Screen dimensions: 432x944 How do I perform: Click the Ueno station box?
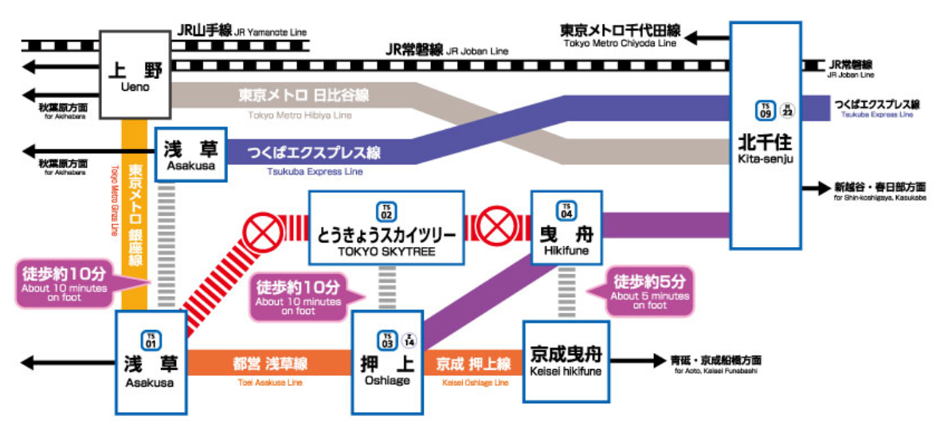pyautogui.click(x=135, y=75)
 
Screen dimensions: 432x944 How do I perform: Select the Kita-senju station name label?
pyautogui.click(x=765, y=150)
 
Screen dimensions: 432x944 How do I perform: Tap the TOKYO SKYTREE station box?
pyautogui.click(x=386, y=227)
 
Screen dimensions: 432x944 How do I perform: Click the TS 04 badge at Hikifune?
pyautogui.click(x=566, y=211)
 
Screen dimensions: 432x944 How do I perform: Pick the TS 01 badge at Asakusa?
pyautogui.click(x=151, y=339)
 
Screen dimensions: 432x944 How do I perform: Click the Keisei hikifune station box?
pyautogui.click(x=566, y=361)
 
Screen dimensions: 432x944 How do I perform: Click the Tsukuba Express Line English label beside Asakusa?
pyautogui.click(x=304, y=171)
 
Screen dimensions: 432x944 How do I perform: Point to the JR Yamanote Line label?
pyautogui.click(x=241, y=31)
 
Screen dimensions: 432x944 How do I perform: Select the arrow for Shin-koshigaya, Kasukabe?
pyautogui.click(x=817, y=188)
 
